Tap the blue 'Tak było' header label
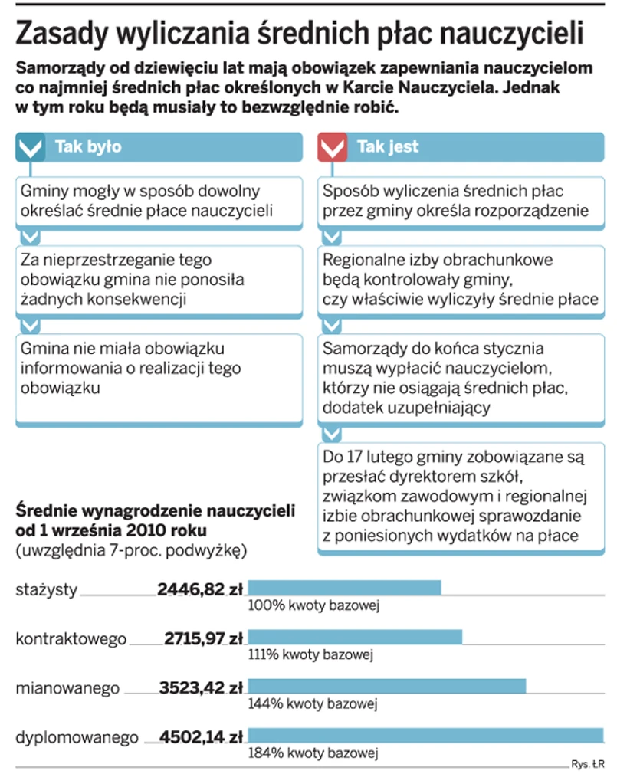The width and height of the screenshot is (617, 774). click(x=88, y=146)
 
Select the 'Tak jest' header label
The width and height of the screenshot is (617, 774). click(x=388, y=146)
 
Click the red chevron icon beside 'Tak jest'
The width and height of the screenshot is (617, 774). click(x=332, y=146)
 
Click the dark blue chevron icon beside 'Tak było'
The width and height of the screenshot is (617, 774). click(x=31, y=146)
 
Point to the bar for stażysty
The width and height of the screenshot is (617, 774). click(x=344, y=588)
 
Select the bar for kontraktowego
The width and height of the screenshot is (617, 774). click(x=355, y=637)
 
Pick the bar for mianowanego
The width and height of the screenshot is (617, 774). click(x=387, y=687)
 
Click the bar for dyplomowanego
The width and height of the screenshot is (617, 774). click(x=425, y=736)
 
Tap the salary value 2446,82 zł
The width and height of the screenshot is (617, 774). click(x=199, y=589)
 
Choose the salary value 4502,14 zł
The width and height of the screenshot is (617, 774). click(x=201, y=737)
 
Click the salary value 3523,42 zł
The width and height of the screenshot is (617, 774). click(x=201, y=687)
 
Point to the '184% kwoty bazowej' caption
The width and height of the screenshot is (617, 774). click(x=313, y=754)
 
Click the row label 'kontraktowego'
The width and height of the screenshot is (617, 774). click(x=71, y=638)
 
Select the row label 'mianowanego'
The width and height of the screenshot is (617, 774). click(x=67, y=688)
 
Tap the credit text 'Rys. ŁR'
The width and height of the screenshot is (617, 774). click(x=587, y=763)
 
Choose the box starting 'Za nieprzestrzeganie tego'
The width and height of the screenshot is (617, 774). click(x=159, y=280)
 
